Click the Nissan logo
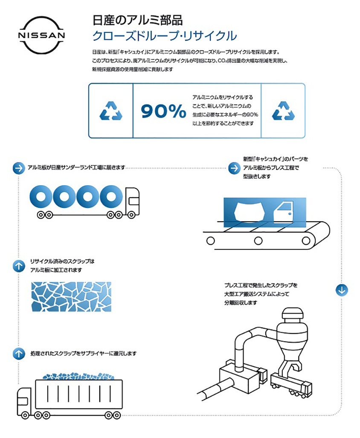coord(41,35)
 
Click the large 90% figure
coord(163,111)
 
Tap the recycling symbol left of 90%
coord(111,111)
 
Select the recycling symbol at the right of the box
coord(283,111)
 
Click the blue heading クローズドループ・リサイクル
coord(165,36)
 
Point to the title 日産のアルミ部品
coord(138,20)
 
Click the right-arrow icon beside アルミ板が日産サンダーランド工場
coord(19,168)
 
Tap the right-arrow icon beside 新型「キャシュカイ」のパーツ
coord(234,168)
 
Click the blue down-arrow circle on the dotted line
coord(342,290)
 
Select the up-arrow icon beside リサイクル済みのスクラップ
coord(19,266)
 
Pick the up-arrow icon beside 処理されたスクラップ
coord(19,353)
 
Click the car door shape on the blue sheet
coord(283,213)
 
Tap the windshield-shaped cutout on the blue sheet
coord(249,212)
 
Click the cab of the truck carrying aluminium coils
coord(132,201)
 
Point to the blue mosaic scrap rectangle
coord(71,297)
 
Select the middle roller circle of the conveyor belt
coord(258,240)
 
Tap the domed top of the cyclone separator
coord(292,313)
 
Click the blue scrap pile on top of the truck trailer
coord(78,376)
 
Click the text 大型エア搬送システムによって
coord(257,294)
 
